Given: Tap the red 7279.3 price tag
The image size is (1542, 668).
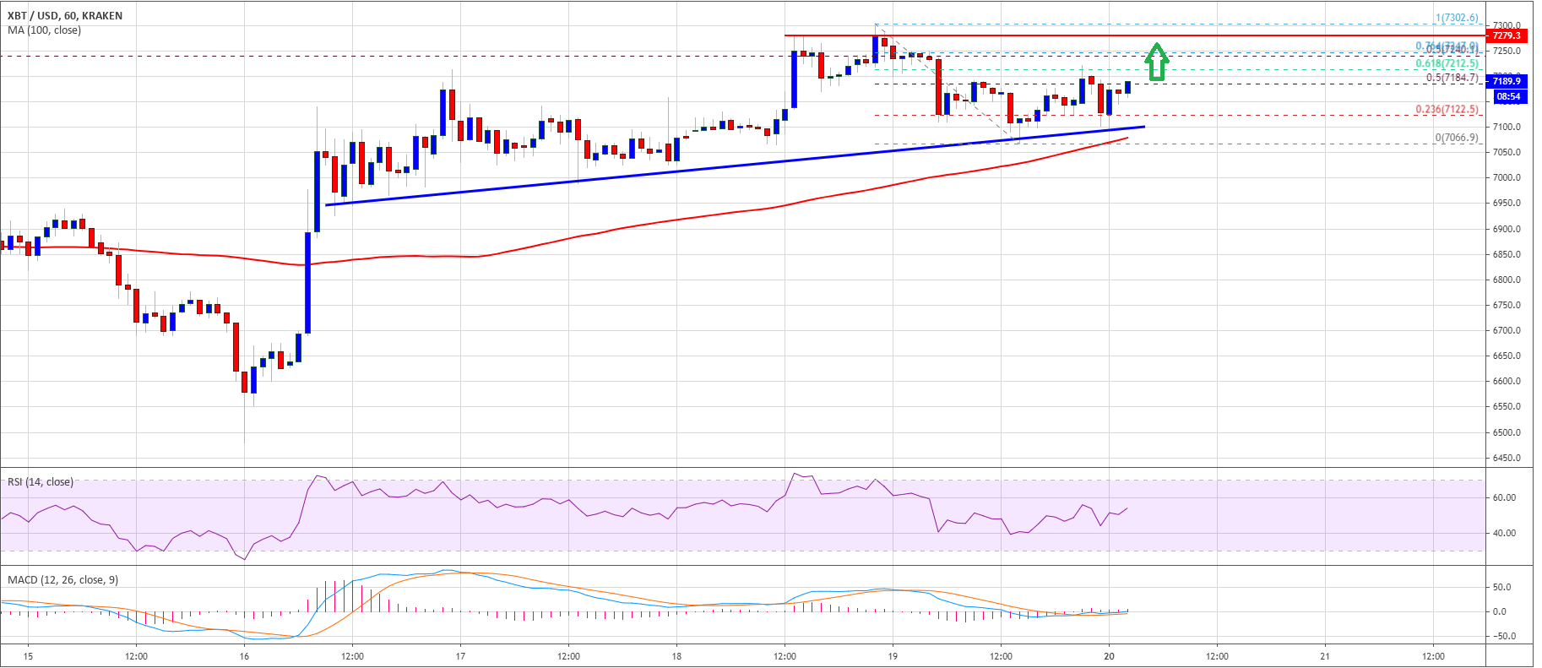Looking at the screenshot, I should pyautogui.click(x=1506, y=35).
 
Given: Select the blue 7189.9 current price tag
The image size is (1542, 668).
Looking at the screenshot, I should pyautogui.click(x=1506, y=81).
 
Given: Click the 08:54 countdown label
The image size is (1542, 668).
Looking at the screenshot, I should pyautogui.click(x=1507, y=96).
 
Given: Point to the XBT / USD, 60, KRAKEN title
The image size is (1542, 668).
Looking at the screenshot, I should pyautogui.click(x=65, y=15).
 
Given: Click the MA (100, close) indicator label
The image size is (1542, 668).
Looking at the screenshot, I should pyautogui.click(x=45, y=30).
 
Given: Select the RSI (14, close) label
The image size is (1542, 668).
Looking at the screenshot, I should pyautogui.click(x=41, y=482).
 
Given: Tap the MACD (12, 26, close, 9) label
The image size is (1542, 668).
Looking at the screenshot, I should pyautogui.click(x=63, y=580).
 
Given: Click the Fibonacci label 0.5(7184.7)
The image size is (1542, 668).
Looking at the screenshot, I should pyautogui.click(x=1452, y=78).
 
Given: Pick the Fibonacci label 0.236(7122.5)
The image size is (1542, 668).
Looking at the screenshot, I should pyautogui.click(x=1447, y=110).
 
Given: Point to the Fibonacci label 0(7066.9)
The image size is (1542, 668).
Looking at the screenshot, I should pyautogui.click(x=1457, y=138).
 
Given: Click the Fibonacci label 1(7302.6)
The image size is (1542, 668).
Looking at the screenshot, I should pyautogui.click(x=1457, y=18).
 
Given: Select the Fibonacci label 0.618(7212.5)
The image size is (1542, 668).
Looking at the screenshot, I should pyautogui.click(x=1447, y=63).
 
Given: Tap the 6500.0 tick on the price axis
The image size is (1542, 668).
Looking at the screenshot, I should pyautogui.click(x=1507, y=432).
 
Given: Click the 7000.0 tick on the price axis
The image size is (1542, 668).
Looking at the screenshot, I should pyautogui.click(x=1507, y=178).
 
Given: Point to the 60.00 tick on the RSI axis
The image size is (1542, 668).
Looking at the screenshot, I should pyautogui.click(x=1504, y=498).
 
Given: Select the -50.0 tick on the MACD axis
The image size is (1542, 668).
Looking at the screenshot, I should pyautogui.click(x=1503, y=637).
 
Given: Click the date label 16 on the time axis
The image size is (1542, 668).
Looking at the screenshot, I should pyautogui.click(x=244, y=656).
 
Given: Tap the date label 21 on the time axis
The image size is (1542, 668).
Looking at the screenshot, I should pyautogui.click(x=1325, y=656).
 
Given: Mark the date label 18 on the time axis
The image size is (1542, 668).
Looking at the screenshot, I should pyautogui.click(x=676, y=656).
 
